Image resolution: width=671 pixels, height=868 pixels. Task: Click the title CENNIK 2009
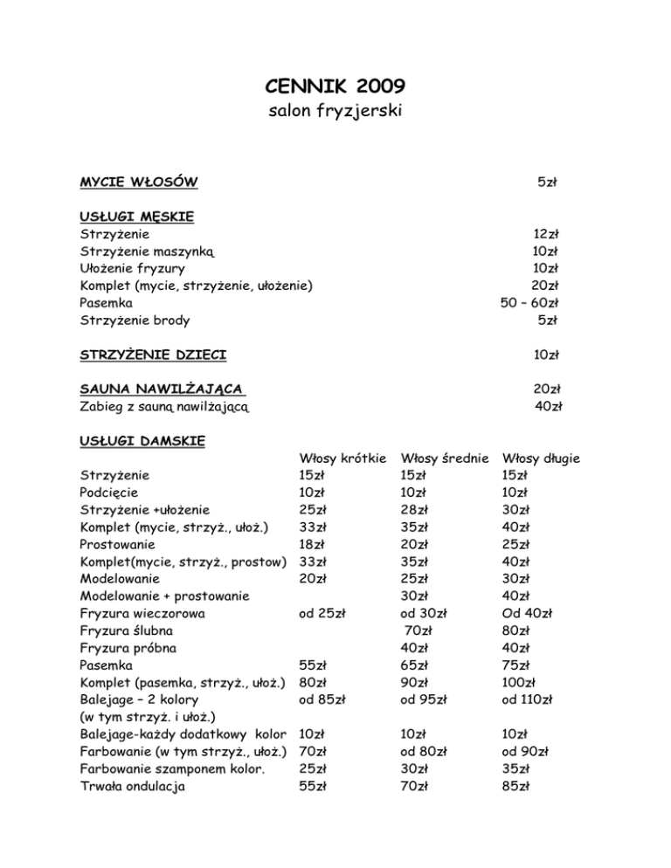(334, 86)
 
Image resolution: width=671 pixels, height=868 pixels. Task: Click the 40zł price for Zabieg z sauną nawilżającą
(548, 405)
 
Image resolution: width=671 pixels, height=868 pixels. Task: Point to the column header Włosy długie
(543, 458)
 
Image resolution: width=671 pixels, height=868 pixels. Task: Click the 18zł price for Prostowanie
(312, 544)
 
